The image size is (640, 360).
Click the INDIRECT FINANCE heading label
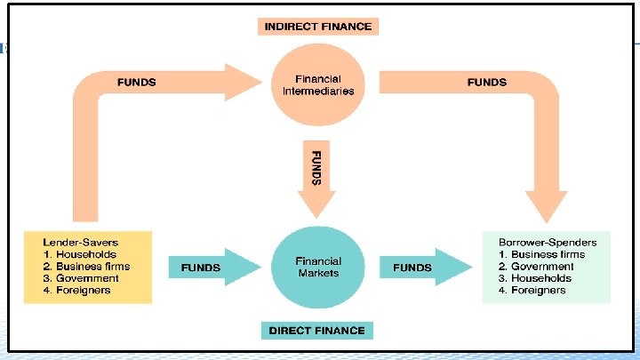tap(318, 26)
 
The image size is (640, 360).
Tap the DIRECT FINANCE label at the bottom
tap(316, 331)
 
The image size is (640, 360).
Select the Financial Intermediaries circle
tap(318, 84)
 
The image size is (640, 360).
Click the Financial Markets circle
tap(318, 267)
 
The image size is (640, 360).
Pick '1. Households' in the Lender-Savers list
tap(80, 254)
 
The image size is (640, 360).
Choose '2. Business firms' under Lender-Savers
tap(87, 266)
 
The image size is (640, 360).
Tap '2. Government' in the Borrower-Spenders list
tap(536, 266)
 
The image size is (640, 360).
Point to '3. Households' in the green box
tap(536, 278)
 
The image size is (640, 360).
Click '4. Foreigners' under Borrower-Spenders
tap(532, 290)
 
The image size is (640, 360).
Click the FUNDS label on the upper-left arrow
tap(137, 83)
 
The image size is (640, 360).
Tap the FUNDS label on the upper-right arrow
tap(487, 83)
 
